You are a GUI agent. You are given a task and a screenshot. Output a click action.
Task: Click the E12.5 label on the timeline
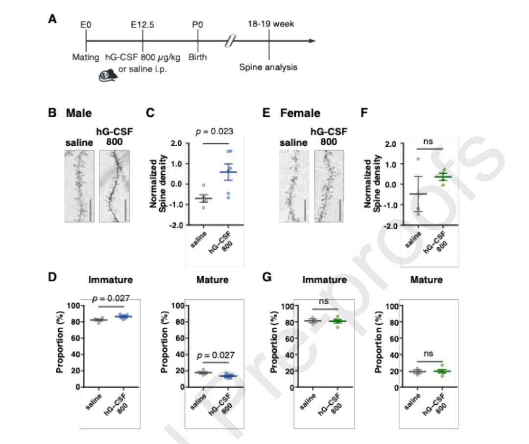point(143,24)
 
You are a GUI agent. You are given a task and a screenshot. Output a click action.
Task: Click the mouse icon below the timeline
point(109,75)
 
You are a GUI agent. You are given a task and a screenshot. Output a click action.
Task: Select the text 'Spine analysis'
point(268,67)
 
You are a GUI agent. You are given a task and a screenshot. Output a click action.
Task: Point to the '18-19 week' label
point(271,24)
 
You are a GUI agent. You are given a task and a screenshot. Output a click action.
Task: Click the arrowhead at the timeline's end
point(312,41)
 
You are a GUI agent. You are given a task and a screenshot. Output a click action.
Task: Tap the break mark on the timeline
point(229,41)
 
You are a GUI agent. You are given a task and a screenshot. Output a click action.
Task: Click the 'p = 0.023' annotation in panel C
point(214,131)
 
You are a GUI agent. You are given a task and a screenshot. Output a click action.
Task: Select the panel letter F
point(364,113)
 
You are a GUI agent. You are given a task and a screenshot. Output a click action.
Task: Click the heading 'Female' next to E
point(300,113)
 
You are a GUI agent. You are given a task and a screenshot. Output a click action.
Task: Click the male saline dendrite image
point(79,186)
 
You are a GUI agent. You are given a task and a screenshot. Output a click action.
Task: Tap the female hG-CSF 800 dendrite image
point(329,186)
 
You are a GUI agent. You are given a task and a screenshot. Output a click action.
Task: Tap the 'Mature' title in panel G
point(426,280)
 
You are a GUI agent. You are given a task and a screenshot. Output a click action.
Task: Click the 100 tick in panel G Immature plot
point(287,306)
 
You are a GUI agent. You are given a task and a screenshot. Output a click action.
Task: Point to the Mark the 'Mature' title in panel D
point(212,280)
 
